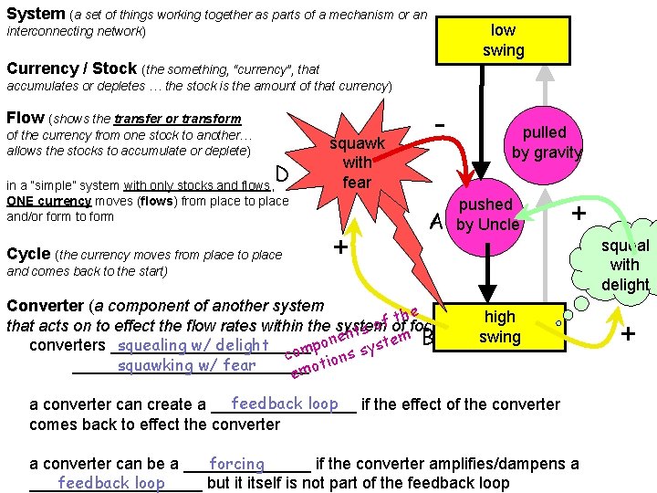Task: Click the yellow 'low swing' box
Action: tap(503, 40)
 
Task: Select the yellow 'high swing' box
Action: tap(499, 327)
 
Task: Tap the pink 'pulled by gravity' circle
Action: tap(545, 142)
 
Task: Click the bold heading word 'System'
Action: tap(35, 14)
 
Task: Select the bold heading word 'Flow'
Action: tap(25, 117)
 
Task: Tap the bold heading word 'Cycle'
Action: tap(28, 254)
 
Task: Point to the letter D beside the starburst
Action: tap(283, 173)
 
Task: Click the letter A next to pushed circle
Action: tap(438, 222)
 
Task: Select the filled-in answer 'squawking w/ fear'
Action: tap(186, 365)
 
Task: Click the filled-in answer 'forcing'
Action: tap(236, 464)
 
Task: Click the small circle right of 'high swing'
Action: tap(563, 322)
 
